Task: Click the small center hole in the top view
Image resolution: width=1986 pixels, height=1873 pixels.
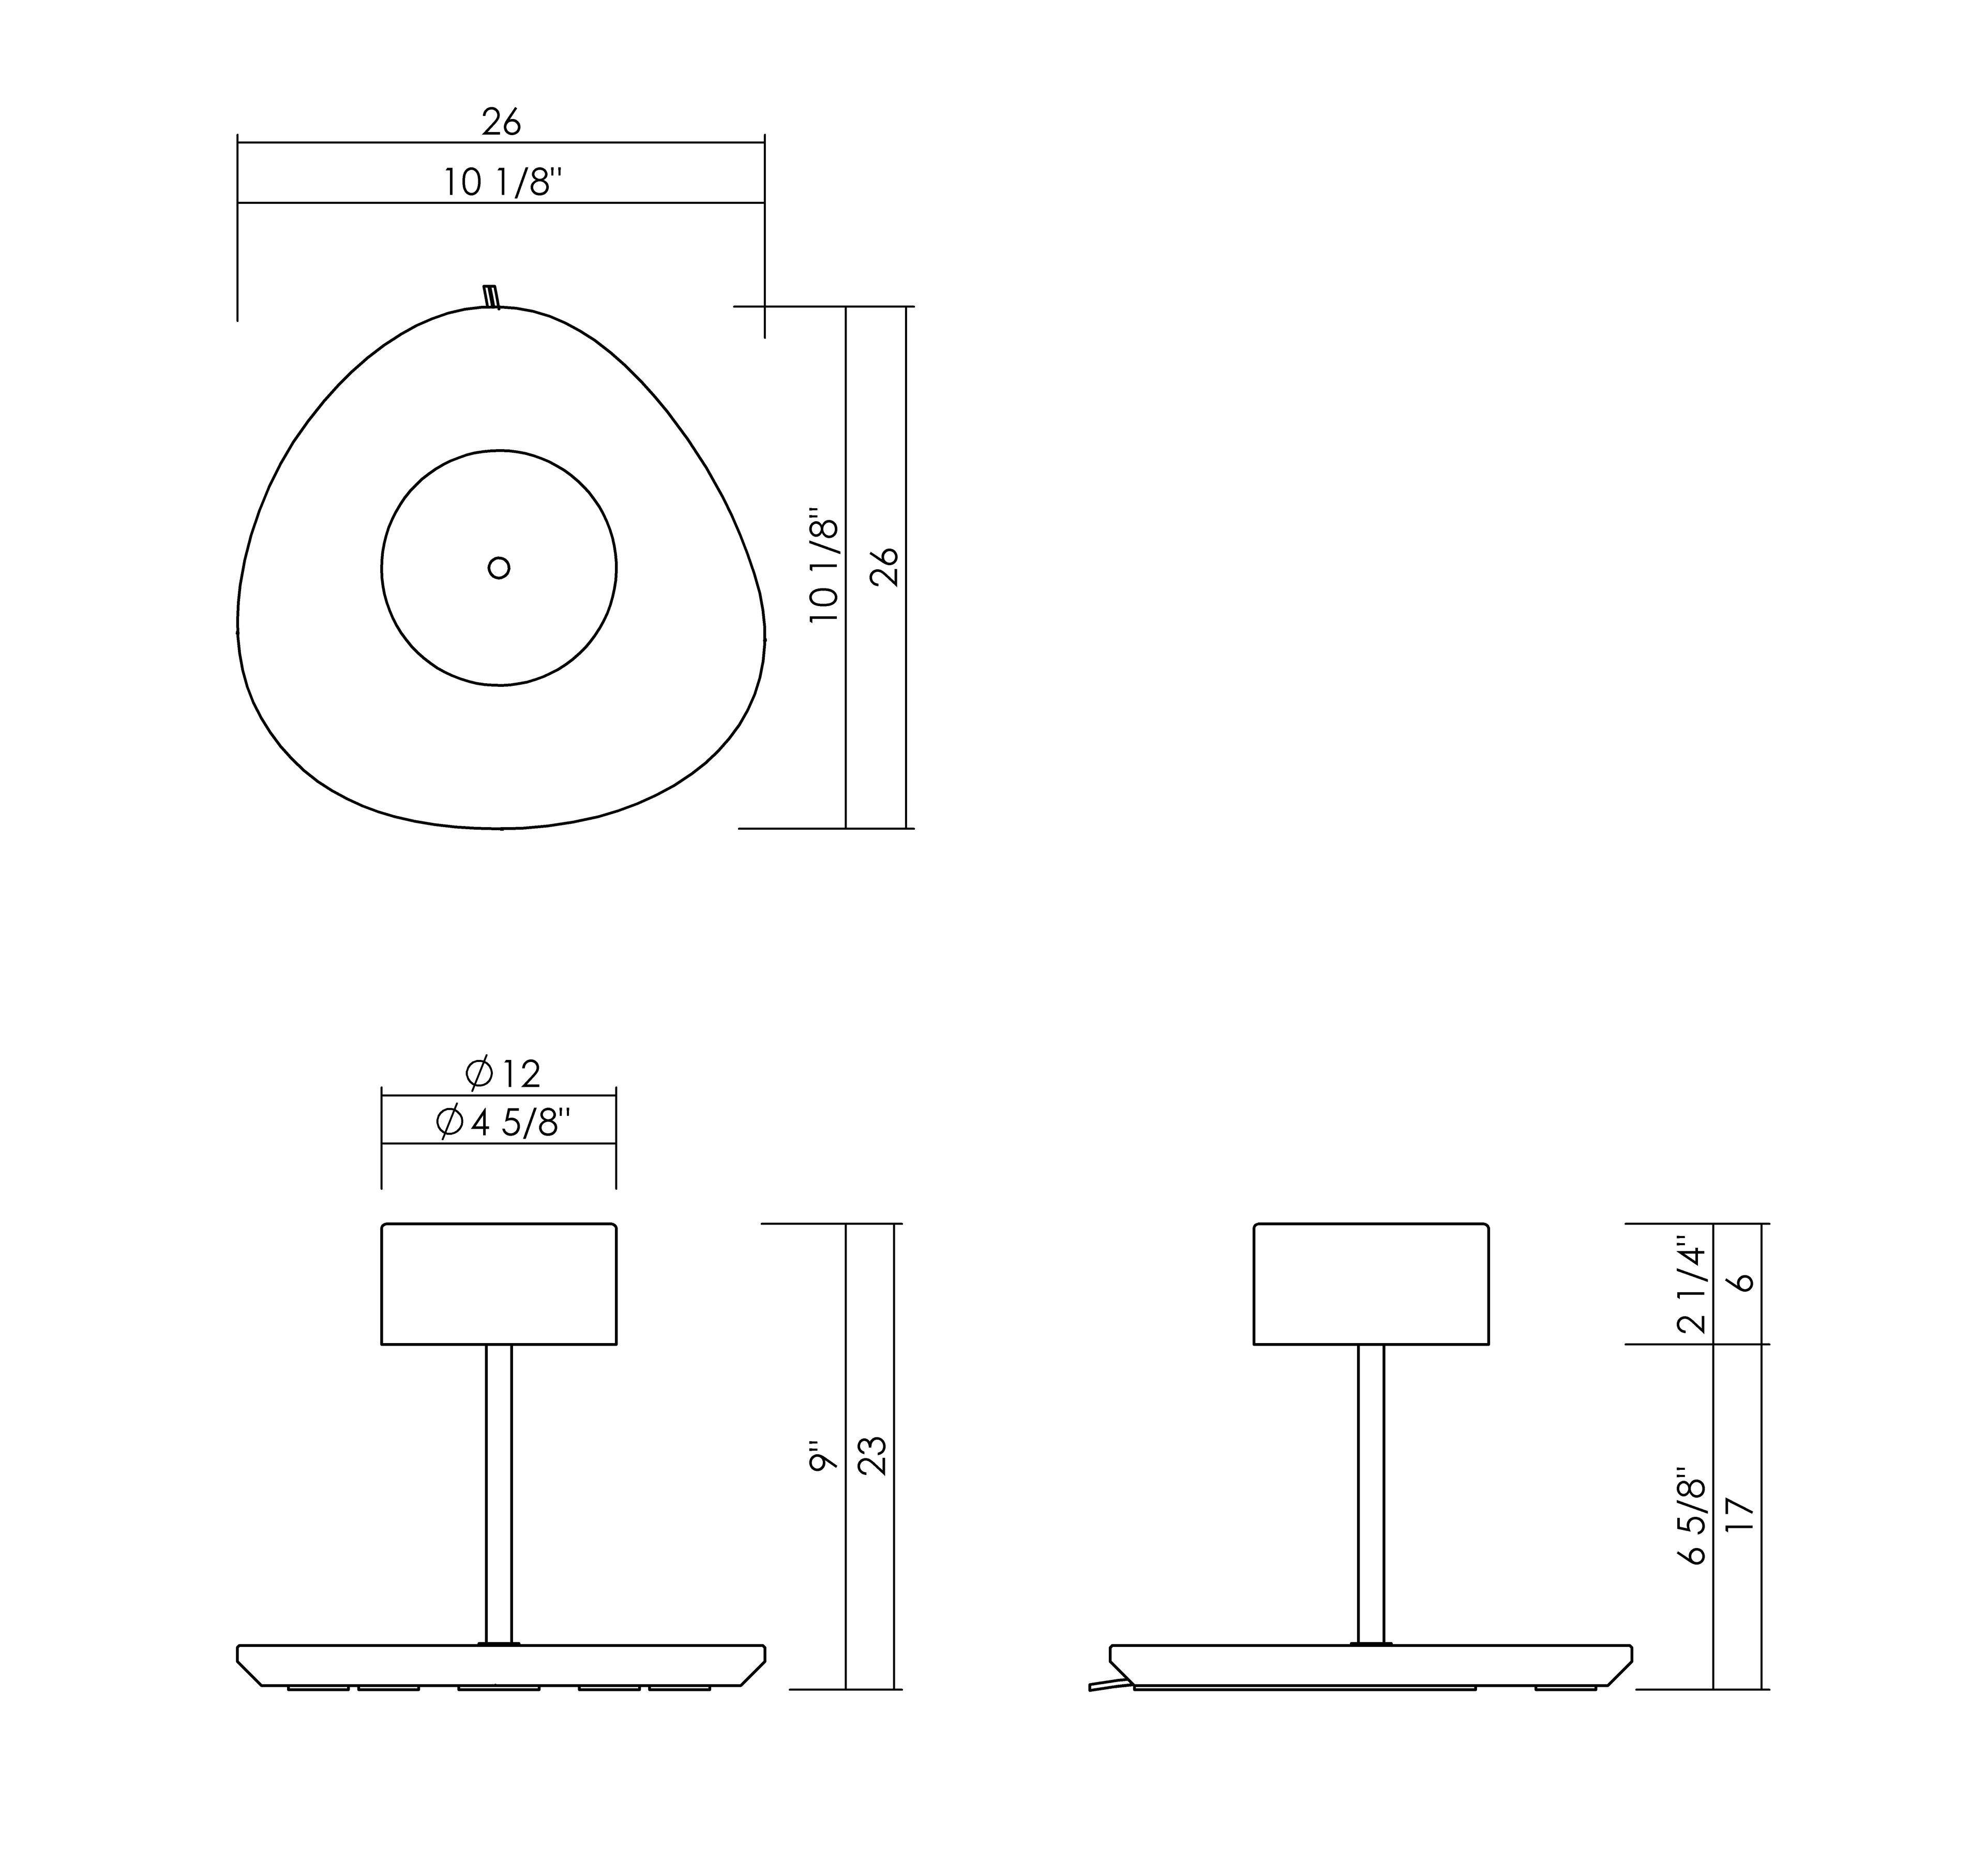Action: (499, 568)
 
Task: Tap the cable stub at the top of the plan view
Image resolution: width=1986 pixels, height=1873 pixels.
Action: (490, 297)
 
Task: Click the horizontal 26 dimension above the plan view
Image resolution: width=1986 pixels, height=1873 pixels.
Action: (502, 122)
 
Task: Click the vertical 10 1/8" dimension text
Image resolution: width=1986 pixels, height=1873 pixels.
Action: (824, 570)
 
